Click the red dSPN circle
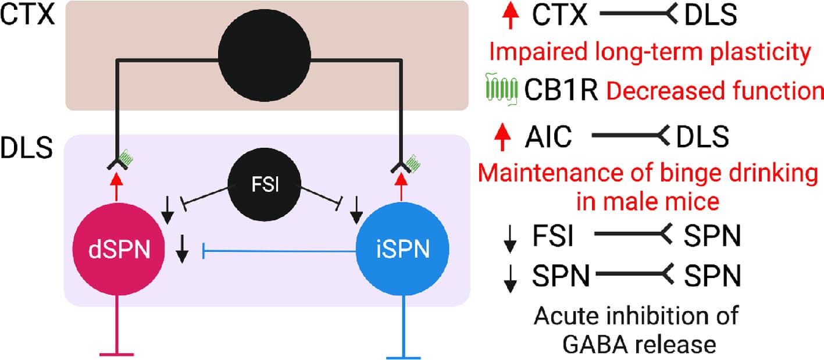coord(116,251)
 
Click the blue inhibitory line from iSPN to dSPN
coord(279,251)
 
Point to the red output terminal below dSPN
coord(117,352)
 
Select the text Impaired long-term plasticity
coord(649,53)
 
